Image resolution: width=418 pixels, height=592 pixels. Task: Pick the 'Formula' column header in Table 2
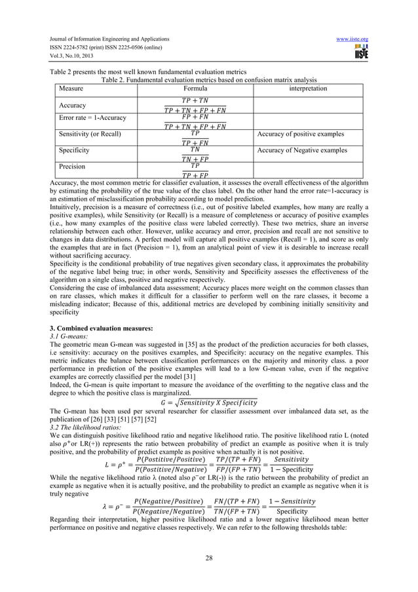coord(195,88)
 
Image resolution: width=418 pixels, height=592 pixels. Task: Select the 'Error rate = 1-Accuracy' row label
coord(93,118)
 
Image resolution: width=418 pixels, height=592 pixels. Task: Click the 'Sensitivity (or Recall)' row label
coord(90,134)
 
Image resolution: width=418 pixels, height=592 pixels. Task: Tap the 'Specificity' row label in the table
coord(74,150)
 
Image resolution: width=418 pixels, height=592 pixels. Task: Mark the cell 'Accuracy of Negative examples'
coord(303,150)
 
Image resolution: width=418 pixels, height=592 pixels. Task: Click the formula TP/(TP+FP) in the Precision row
coord(195,170)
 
